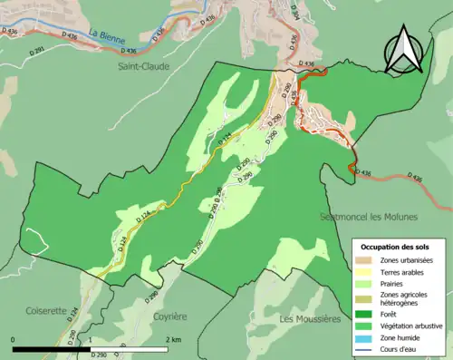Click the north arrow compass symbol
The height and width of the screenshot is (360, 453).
[404, 49]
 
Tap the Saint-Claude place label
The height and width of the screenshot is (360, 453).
[143, 65]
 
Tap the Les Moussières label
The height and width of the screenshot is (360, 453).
[310, 319]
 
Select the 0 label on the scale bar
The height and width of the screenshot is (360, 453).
[14, 339]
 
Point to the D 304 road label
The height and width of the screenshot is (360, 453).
[294, 10]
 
